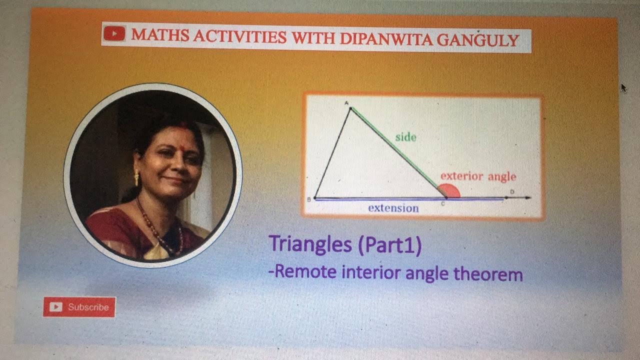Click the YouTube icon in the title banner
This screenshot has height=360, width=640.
click(114, 34)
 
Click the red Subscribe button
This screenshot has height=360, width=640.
click(79, 307)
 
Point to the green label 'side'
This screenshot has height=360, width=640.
click(405, 136)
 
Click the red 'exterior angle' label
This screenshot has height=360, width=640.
click(477, 176)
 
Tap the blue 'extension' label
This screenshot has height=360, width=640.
click(393, 208)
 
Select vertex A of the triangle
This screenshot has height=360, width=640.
click(350, 107)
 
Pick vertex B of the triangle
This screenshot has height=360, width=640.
click(315, 198)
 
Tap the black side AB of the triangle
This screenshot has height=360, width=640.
click(332, 153)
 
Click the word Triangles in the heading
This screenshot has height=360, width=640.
click(310, 244)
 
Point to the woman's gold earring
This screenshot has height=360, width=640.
click(136, 176)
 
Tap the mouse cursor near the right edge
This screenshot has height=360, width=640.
click(623, 87)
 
